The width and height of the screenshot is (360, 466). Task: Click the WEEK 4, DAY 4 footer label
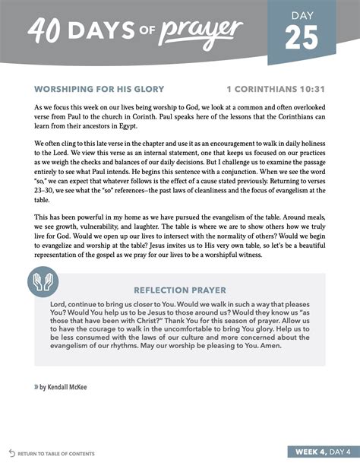tap(317, 453)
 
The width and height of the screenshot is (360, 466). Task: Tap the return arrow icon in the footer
tap(11, 453)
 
